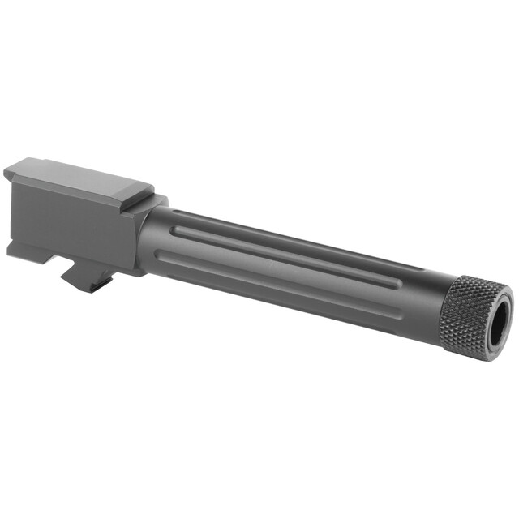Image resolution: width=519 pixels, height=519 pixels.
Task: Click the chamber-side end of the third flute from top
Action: pos(160,258)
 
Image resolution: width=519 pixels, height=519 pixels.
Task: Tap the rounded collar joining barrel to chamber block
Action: pos(146,235)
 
